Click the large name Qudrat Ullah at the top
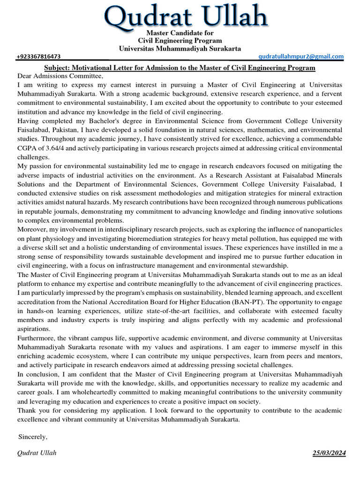(x=186, y=16)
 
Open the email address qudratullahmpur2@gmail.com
(x=301, y=57)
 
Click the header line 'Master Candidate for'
(x=180, y=33)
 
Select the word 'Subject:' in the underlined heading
(x=58, y=68)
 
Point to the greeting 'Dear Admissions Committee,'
(x=60, y=76)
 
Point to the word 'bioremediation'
(x=165, y=238)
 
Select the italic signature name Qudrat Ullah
(x=37, y=453)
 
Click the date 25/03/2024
(x=330, y=453)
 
